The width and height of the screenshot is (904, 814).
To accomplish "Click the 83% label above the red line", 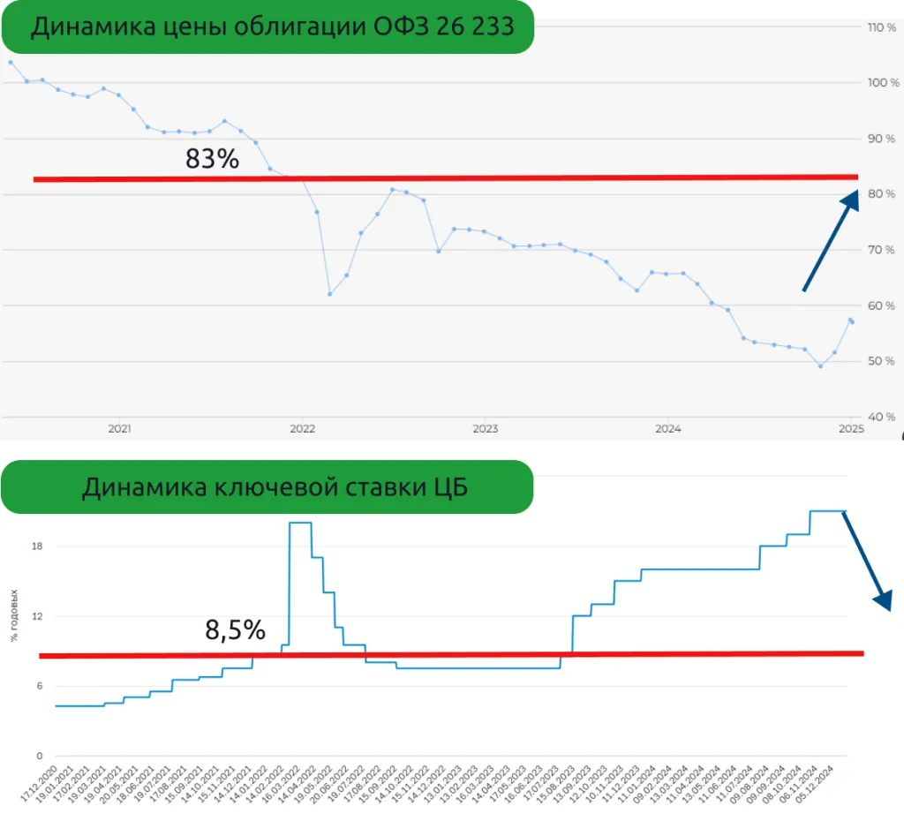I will [212, 159].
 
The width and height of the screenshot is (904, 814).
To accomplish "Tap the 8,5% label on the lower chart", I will [235, 630].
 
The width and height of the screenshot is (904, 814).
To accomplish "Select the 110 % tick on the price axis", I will [882, 27].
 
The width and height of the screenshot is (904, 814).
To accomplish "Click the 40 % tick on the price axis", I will [882, 417].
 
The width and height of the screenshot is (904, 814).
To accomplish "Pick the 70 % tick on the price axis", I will [882, 250].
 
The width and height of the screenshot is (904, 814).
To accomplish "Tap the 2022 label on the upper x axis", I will [302, 429].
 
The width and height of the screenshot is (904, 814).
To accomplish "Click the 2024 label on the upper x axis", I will [667, 429].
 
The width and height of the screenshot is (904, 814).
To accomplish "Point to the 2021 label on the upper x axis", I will [119, 429].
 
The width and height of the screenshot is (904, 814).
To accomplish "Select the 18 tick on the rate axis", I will [37, 546].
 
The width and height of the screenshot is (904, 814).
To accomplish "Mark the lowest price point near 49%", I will [820, 366].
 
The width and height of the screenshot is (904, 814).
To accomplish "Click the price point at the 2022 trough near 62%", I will [329, 294].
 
